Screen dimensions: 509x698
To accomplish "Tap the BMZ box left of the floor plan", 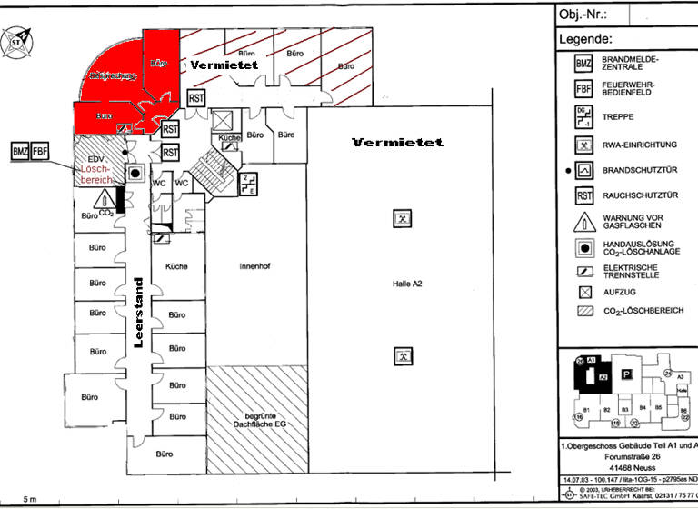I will coord(21,152).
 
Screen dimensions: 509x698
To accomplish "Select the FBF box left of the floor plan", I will coord(41,152).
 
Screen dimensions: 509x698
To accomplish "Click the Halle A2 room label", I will coord(403,284).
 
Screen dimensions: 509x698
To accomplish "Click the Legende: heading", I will coord(586,40).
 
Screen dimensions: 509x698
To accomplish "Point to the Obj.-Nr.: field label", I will coord(582,15).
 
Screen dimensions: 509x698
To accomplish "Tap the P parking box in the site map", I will coord(625,374).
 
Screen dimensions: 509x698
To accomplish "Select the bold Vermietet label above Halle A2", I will coord(397,143).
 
